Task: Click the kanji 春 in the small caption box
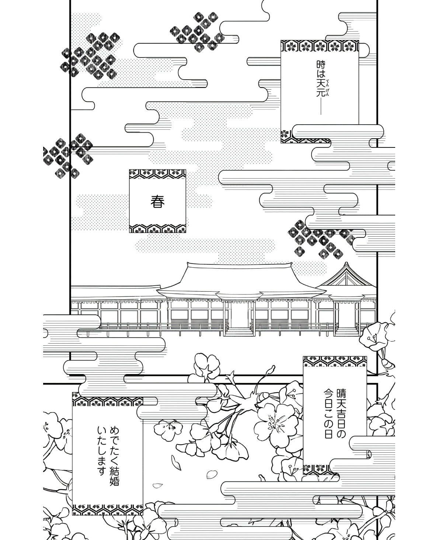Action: click(157, 201)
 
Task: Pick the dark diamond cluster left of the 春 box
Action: click(67, 154)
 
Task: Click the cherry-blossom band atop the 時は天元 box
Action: click(320, 46)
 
